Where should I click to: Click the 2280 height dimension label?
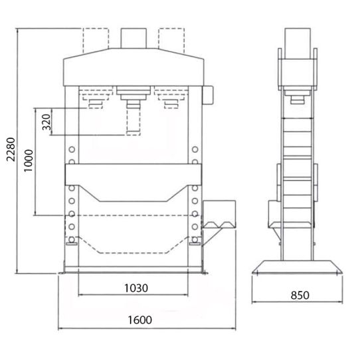pyautogui.click(x=11, y=149)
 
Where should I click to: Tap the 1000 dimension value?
pyautogui.click(x=29, y=161)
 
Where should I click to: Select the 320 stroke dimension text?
pyautogui.click(x=46, y=122)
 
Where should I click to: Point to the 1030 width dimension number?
pyautogui.click(x=136, y=288)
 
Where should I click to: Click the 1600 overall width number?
pyautogui.click(x=140, y=320)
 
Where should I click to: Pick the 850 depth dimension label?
pyautogui.click(x=300, y=296)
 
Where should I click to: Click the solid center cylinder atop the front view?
pyautogui.click(x=134, y=38)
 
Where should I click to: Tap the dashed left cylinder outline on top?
pyautogui.click(x=96, y=41)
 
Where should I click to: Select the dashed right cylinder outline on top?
pyautogui.click(x=171, y=41)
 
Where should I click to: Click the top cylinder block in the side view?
pyautogui.click(x=298, y=43)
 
